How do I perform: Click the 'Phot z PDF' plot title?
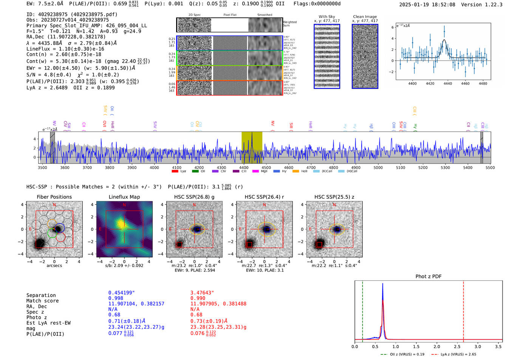(x=428, y=277)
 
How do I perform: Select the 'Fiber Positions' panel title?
(x=54, y=197)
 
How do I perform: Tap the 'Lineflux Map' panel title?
(x=124, y=197)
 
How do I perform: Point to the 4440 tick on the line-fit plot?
(x=448, y=83)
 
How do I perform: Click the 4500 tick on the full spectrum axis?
(x=266, y=168)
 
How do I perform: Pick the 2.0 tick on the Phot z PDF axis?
(x=437, y=346)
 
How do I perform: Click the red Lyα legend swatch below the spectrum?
(x=175, y=172)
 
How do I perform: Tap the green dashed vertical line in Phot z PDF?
(x=362, y=310)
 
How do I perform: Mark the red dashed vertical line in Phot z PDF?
(x=464, y=310)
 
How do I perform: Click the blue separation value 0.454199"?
(x=121, y=293)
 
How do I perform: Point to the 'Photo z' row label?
(x=36, y=317)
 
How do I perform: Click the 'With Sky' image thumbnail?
(x=327, y=56)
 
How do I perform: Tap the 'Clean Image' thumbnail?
(x=365, y=56)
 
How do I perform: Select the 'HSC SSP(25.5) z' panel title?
(x=334, y=197)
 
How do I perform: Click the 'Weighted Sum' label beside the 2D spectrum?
(x=289, y=24)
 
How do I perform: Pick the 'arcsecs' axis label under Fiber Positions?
(x=54, y=266)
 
